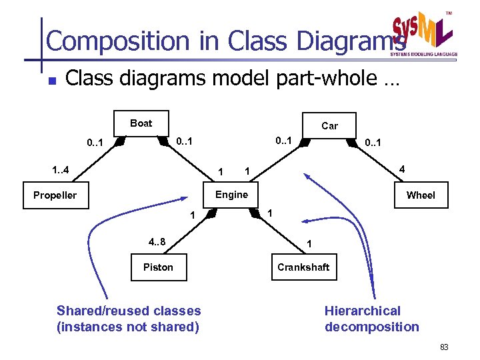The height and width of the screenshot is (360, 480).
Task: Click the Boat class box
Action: coord(141,123)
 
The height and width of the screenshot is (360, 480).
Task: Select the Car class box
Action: coord(329,125)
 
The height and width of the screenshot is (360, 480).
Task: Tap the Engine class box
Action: coord(231,195)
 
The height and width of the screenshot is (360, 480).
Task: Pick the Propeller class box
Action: coord(55,195)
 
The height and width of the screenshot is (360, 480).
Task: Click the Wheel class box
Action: coord(421,195)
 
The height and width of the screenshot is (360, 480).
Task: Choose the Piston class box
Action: coord(158,267)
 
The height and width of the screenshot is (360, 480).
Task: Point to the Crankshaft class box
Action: coord(304,267)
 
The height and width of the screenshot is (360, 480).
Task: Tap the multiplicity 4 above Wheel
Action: coord(400,170)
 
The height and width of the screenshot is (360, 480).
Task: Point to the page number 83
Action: coord(445,348)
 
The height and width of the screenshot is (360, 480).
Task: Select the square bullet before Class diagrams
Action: coord(51,81)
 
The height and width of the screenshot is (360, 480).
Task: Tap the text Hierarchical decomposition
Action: coord(371,319)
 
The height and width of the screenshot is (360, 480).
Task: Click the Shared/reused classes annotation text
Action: coord(129,319)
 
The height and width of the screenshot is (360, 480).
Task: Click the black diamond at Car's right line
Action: coord(351,142)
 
